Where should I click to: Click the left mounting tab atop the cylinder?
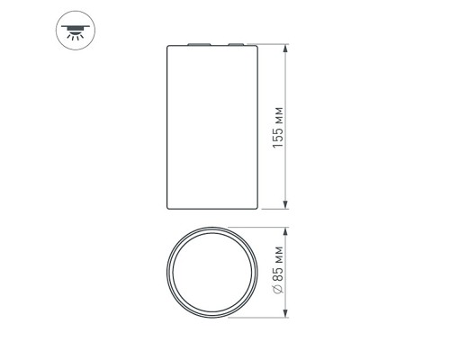[x=197, y=42]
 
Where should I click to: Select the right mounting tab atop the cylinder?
[x=237, y=42]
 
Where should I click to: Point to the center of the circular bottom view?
[x=214, y=271]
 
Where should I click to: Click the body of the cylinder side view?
[x=215, y=126]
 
